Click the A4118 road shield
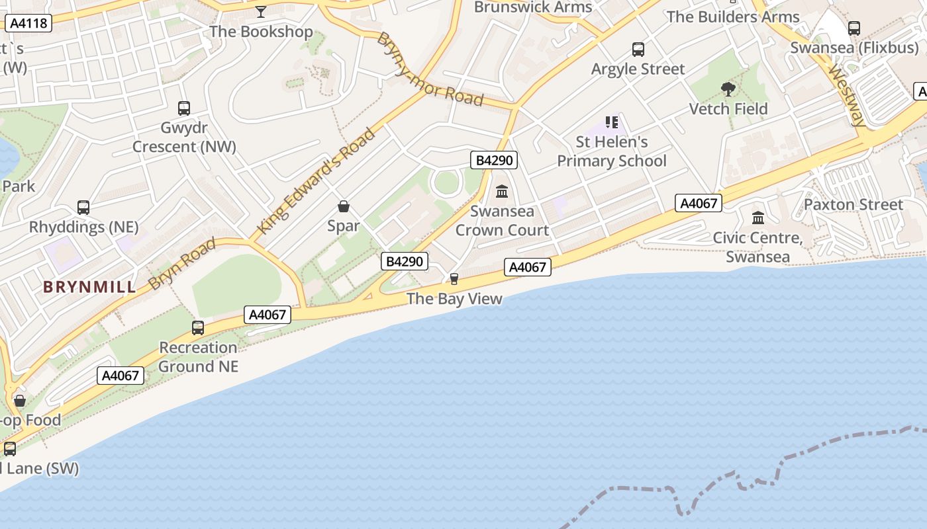[28, 24]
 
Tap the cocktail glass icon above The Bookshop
[261, 11]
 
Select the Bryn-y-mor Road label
[430, 69]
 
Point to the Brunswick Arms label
[533, 7]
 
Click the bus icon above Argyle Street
[638, 50]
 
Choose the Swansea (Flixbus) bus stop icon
[854, 28]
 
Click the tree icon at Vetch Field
[728, 89]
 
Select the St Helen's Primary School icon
[612, 122]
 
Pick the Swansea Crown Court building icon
[502, 192]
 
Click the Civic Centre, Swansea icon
[758, 218]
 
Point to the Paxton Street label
[853, 204]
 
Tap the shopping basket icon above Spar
[344, 206]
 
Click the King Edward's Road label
[317, 181]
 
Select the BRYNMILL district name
[89, 287]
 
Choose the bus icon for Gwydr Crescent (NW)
[184, 108]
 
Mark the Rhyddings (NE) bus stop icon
[83, 208]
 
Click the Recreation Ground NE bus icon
[198, 327]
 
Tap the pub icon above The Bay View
[454, 279]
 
